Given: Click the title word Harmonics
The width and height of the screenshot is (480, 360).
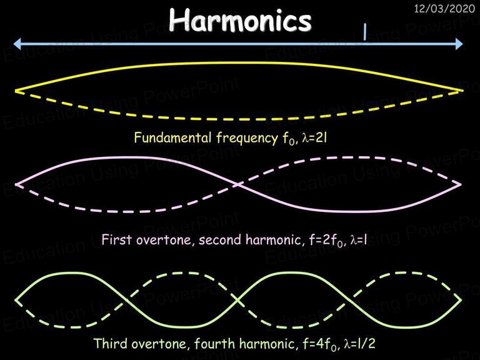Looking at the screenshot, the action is [240, 19].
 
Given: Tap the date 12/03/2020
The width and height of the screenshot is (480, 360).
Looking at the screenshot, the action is [444, 9].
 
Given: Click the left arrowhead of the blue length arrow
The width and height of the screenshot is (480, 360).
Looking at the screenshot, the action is [17, 44].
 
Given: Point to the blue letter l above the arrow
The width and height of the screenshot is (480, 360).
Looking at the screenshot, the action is [364, 32].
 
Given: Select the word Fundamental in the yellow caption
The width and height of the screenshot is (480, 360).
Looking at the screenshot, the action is [172, 137].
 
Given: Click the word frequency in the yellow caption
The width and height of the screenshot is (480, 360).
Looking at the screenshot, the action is [247, 138].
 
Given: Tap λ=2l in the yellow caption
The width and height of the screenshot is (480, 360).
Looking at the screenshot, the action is [314, 138].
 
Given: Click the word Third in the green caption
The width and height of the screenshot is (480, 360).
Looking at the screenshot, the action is [110, 344].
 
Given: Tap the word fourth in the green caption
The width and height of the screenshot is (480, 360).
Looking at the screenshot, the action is [214, 344].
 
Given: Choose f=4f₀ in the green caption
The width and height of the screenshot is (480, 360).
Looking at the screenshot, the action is [321, 344].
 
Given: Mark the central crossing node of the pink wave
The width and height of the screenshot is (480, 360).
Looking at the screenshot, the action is [238, 184].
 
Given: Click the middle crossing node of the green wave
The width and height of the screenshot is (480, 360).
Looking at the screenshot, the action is [238, 300].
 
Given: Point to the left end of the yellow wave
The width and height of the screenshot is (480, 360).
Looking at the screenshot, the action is [16, 91].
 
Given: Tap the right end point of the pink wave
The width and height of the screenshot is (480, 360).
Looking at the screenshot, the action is [460, 184].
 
